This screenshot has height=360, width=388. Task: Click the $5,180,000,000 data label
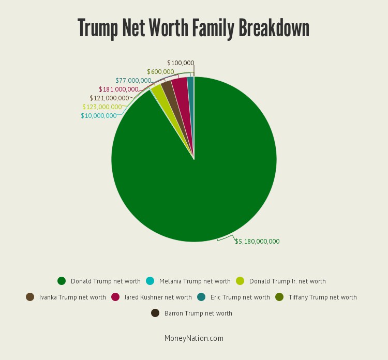257,241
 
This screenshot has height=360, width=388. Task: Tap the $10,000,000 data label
98,116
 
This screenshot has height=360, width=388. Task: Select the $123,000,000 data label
101,107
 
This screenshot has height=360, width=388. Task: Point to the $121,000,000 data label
109,98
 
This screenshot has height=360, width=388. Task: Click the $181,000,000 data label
118,89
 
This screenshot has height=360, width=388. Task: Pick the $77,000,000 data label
133,81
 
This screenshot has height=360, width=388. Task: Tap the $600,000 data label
160,72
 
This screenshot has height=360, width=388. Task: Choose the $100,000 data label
180,63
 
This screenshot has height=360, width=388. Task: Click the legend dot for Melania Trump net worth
150,281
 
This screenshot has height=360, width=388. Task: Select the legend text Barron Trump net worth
198,313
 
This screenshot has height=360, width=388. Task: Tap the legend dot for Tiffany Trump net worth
279,297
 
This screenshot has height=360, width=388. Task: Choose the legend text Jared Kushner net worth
157,297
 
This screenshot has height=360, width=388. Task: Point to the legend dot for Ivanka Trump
30,297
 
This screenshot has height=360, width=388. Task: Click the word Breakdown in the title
274,28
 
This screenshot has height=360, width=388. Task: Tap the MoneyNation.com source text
194,338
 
